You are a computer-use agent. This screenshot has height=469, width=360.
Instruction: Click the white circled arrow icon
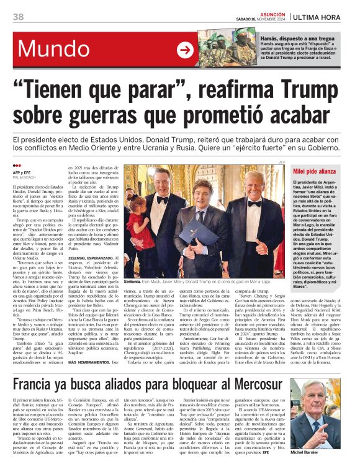(185, 50)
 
